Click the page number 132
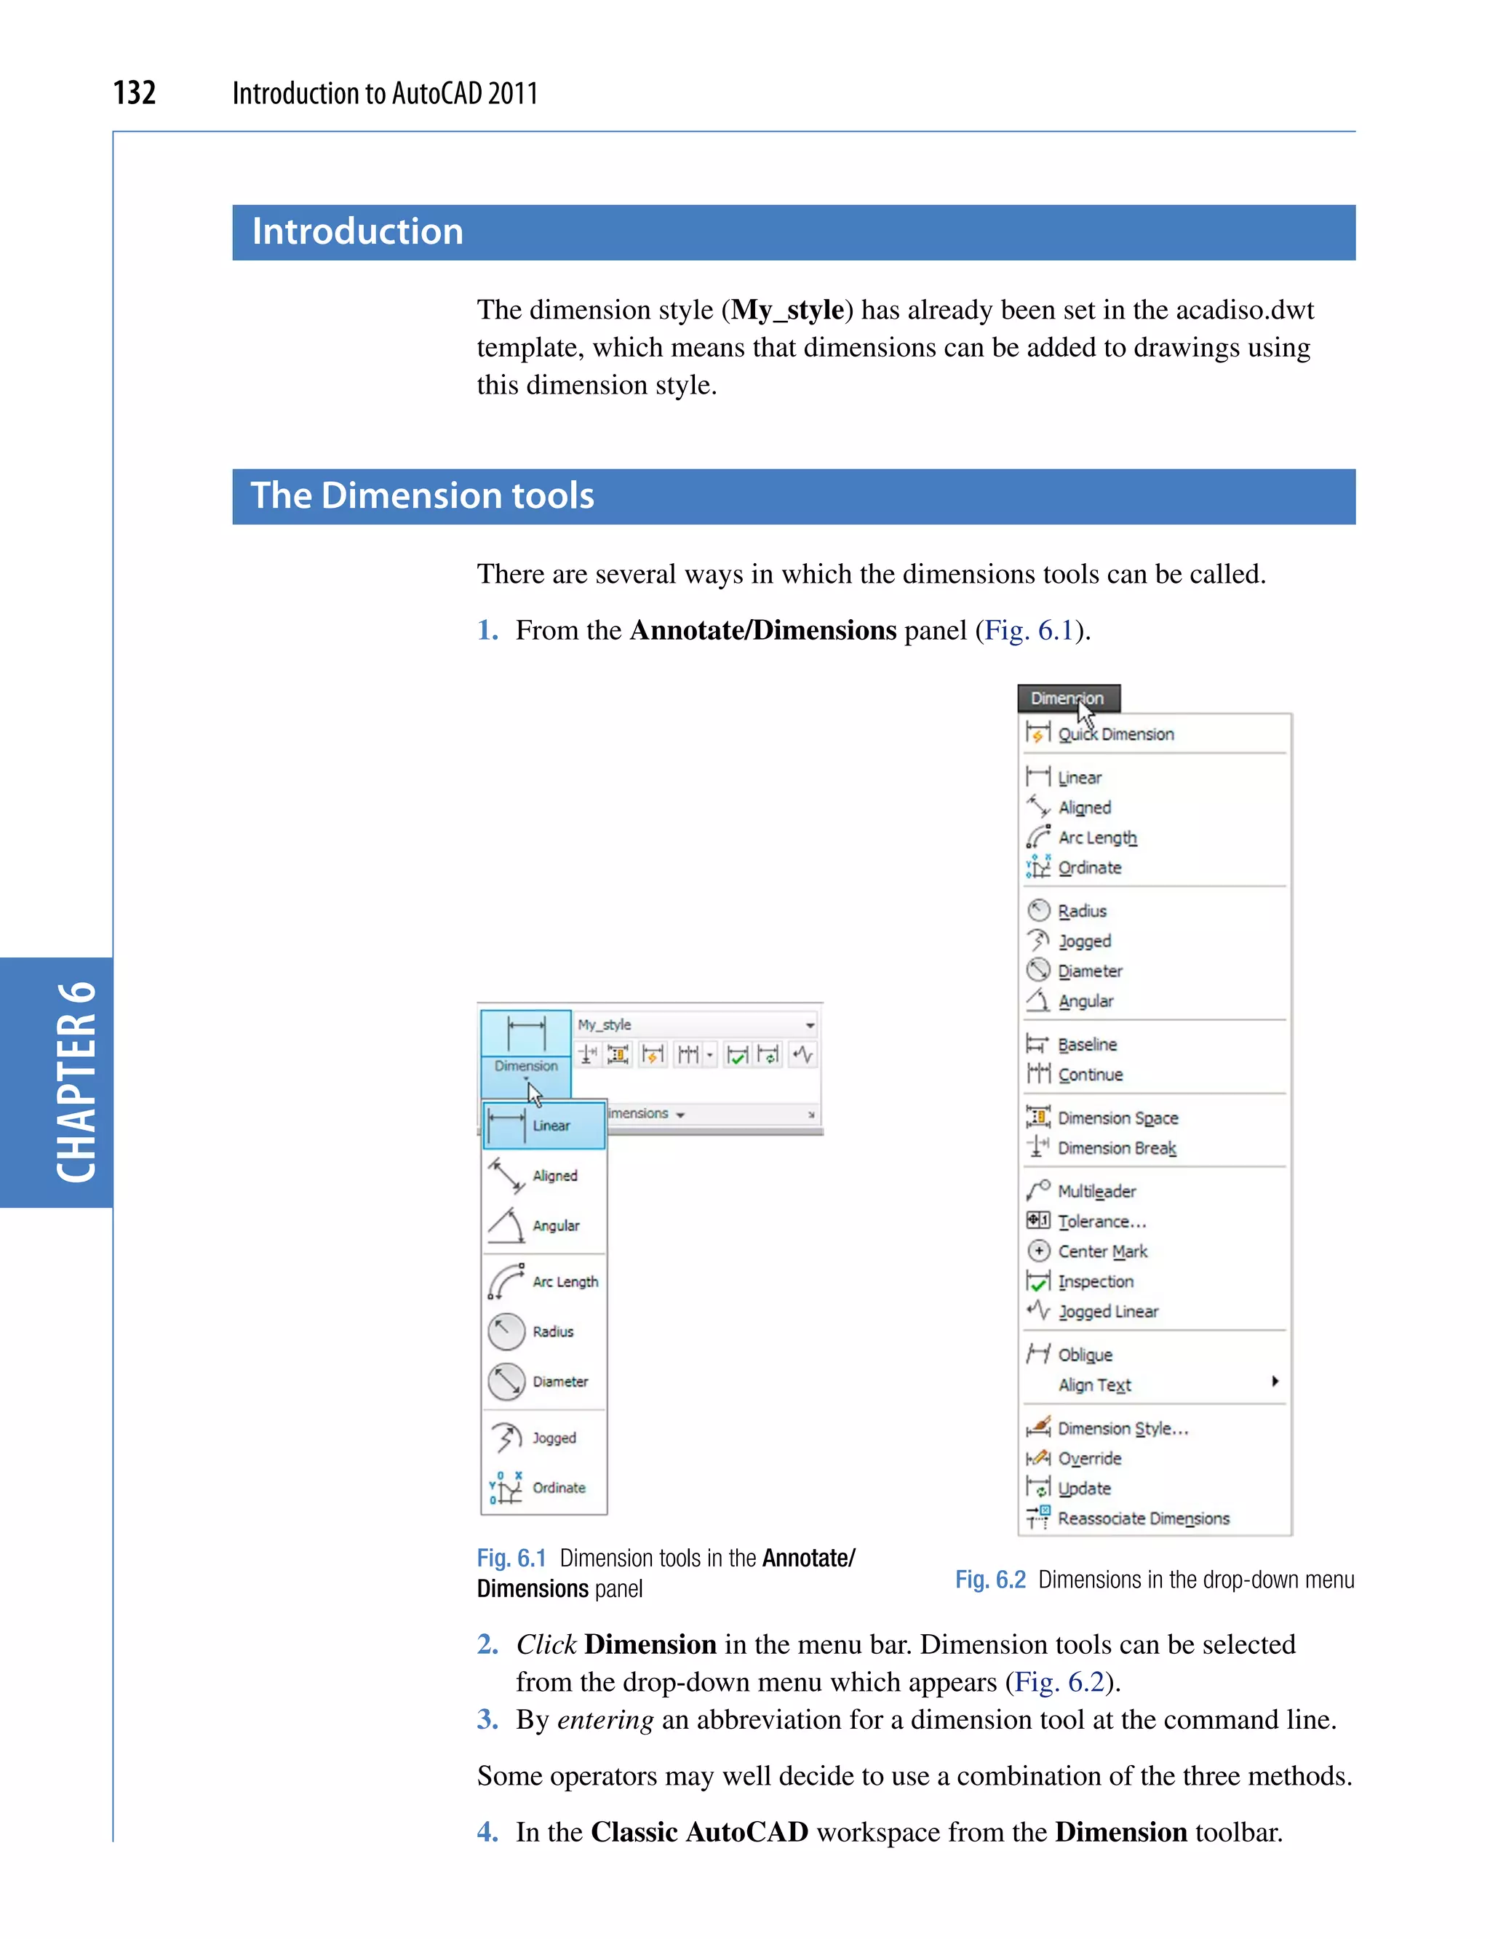tap(135, 92)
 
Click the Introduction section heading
tap(357, 232)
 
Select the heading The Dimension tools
tap(422, 495)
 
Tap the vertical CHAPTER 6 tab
tap(76, 1082)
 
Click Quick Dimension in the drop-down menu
tap(1115, 734)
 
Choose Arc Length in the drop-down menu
tap(1096, 837)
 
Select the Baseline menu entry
tap(1086, 1044)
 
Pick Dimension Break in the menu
tap(1116, 1148)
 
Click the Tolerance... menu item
tap(1101, 1222)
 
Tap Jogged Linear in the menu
tap(1108, 1311)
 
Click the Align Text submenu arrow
tap(1275, 1381)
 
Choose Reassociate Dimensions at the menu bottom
tap(1142, 1518)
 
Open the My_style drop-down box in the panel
tap(809, 1025)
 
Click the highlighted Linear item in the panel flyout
tap(543, 1126)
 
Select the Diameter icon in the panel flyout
tap(506, 1381)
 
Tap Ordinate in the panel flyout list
tap(558, 1487)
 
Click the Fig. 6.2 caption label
tap(989, 1580)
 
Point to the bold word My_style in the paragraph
tap(786, 309)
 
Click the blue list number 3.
tap(487, 1719)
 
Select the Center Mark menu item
tap(1101, 1251)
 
